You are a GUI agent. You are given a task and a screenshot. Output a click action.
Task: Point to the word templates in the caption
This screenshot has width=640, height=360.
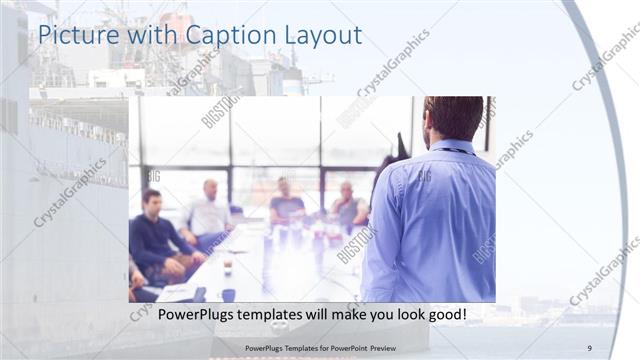pos(264,314)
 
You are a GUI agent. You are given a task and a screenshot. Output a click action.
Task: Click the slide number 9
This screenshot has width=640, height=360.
pos(590,347)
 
